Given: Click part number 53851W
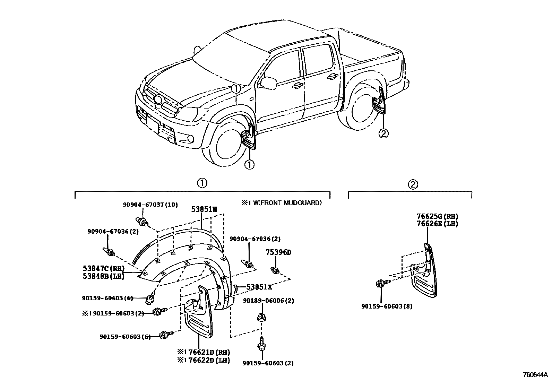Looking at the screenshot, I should coord(204,209).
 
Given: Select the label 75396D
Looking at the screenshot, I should coord(278,252).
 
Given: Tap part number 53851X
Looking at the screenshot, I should coord(259,287).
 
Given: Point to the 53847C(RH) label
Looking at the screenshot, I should coord(104,268).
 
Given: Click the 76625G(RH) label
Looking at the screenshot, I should coord(437,217).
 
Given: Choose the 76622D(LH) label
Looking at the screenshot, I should coord(209,360).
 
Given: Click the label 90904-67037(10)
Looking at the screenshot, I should coord(150,205).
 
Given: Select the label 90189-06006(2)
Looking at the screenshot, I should coord(268,301).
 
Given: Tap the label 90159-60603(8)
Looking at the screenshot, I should coord(387,306).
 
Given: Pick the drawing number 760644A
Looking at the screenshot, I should coord(535,375).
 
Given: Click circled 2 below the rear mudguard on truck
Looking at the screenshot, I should coord(384,133).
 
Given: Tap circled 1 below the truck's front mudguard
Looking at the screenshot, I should coord(249,164).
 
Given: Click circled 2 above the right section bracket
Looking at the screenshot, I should coord(413,184).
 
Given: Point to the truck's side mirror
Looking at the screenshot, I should coord(268,82).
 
